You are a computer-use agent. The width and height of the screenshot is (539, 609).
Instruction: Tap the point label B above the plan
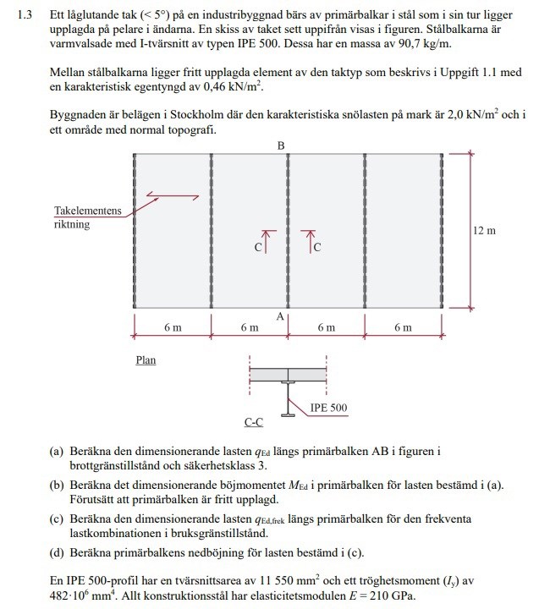(282, 145)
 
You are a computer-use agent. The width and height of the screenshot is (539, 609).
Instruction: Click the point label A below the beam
(280, 315)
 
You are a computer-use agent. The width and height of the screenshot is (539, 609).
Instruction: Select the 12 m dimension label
(485, 230)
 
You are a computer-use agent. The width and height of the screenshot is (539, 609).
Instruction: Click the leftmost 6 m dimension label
(172, 328)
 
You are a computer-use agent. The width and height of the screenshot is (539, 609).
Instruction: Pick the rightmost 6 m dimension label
(403, 328)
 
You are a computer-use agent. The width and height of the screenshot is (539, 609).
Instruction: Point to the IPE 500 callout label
(328, 408)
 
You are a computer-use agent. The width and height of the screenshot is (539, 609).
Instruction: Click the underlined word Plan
(146, 359)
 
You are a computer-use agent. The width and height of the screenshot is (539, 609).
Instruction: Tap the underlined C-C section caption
(255, 420)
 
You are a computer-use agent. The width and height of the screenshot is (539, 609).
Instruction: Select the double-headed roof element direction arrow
(173, 197)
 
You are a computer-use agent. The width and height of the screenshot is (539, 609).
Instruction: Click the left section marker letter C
(257, 248)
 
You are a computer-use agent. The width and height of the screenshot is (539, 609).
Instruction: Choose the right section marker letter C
(316, 248)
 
